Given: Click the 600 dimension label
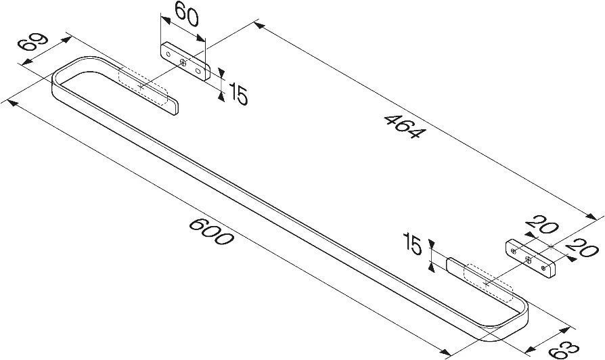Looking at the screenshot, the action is [211, 231].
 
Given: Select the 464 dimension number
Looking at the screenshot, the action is [405, 126].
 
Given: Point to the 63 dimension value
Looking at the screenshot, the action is [564, 348].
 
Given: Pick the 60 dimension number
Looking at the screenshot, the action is [187, 14].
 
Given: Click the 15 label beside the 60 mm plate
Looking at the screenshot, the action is [238, 94].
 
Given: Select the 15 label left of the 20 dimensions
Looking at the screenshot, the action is [412, 244].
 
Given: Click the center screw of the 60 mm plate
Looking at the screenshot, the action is [183, 62].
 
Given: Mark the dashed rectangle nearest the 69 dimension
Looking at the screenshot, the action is [143, 87].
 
